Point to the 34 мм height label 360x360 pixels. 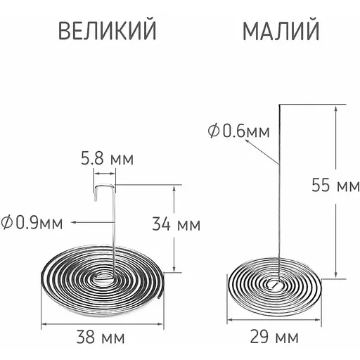click(176, 225)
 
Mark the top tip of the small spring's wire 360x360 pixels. click(279, 105)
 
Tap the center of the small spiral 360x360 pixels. click(276, 285)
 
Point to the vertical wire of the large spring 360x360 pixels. click(112, 232)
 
